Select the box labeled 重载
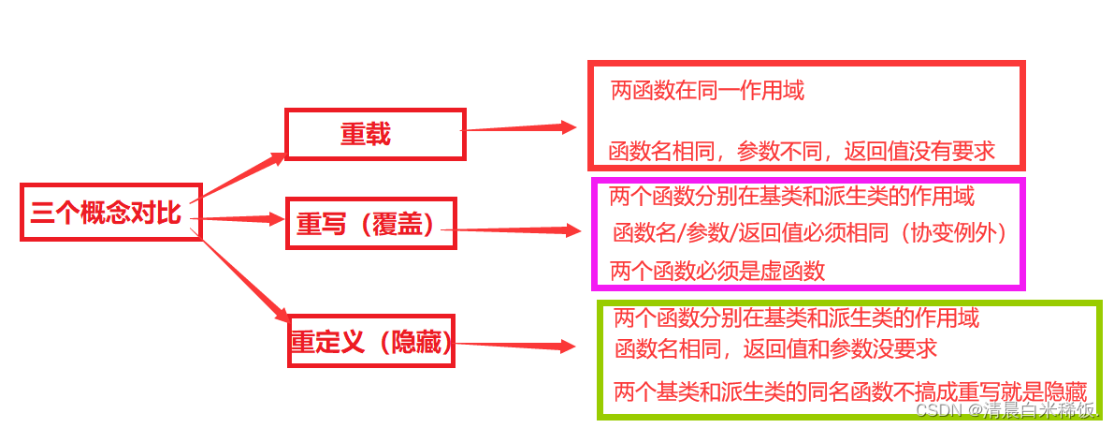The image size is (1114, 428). [374, 134]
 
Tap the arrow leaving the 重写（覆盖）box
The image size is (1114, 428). [519, 229]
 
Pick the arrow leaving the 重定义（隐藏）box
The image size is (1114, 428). [514, 346]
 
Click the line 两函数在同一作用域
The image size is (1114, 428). [707, 91]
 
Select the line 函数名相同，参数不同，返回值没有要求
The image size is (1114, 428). [802, 150]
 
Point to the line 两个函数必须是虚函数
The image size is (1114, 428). [717, 272]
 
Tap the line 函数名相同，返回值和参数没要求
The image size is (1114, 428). [776, 349]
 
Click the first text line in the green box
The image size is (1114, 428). [796, 318]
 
